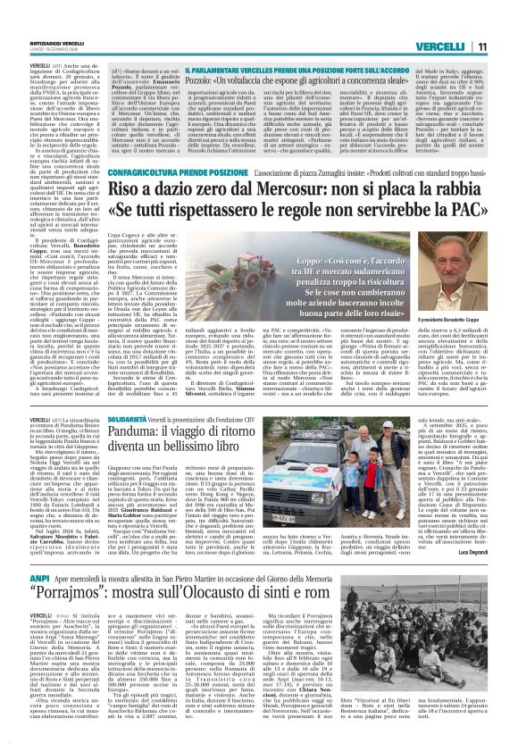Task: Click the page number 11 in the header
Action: tap(481, 46)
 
